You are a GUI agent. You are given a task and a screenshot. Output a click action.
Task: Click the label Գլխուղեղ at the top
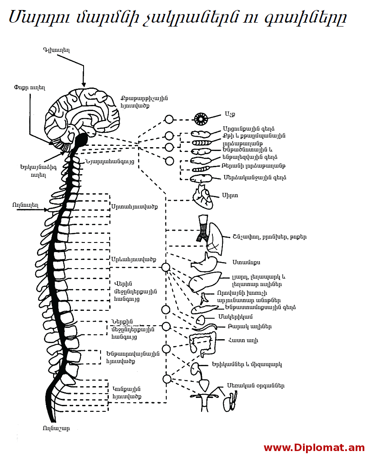[x=56, y=50]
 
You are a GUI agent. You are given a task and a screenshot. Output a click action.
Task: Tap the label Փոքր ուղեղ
[x=30, y=87]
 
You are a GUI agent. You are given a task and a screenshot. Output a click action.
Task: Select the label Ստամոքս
[x=246, y=263]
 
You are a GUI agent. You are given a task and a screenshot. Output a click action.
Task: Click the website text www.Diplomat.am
[x=314, y=448]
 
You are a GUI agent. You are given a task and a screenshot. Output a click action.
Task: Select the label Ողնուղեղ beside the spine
[x=26, y=205]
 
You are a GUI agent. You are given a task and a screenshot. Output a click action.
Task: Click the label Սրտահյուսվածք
[x=134, y=206]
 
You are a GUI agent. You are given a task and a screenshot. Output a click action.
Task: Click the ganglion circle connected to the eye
[x=169, y=119]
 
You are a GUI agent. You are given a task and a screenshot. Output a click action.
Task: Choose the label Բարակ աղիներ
[x=250, y=327]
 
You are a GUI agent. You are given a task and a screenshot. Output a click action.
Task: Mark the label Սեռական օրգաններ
[x=256, y=386]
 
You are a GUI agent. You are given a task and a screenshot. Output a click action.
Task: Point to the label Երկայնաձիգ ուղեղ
[x=33, y=171]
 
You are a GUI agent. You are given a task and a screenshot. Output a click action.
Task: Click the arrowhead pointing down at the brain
[x=84, y=84]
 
